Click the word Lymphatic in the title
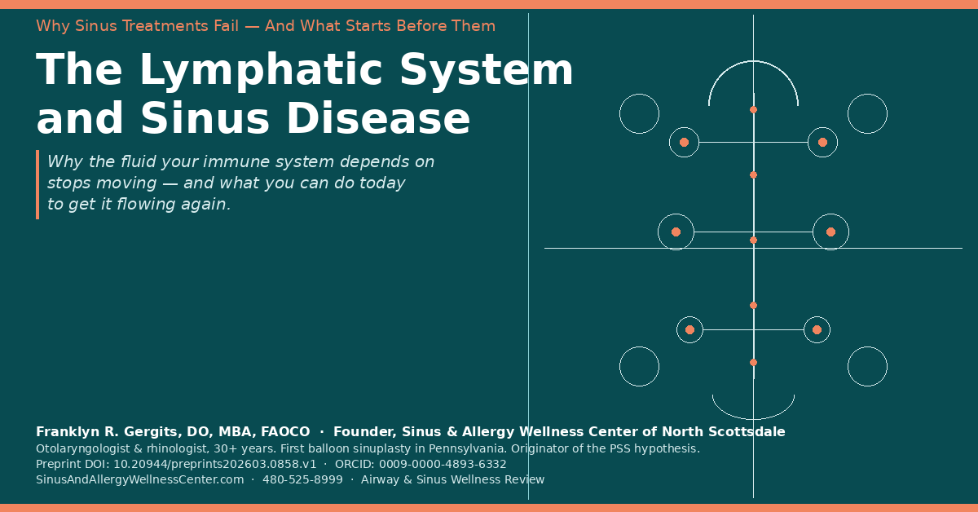click(x=260, y=71)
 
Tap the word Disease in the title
click(x=377, y=118)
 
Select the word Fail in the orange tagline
click(x=227, y=26)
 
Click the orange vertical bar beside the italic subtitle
click(x=37, y=184)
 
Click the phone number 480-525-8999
click(x=302, y=479)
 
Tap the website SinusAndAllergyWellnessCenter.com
click(x=139, y=479)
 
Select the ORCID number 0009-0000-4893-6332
click(x=443, y=464)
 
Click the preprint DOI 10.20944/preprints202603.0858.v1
click(x=215, y=464)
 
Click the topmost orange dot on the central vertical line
click(x=754, y=109)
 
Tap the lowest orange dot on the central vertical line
click(x=754, y=363)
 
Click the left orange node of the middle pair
click(x=676, y=232)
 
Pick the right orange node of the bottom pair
click(x=817, y=330)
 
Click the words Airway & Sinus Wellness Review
click(x=453, y=479)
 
